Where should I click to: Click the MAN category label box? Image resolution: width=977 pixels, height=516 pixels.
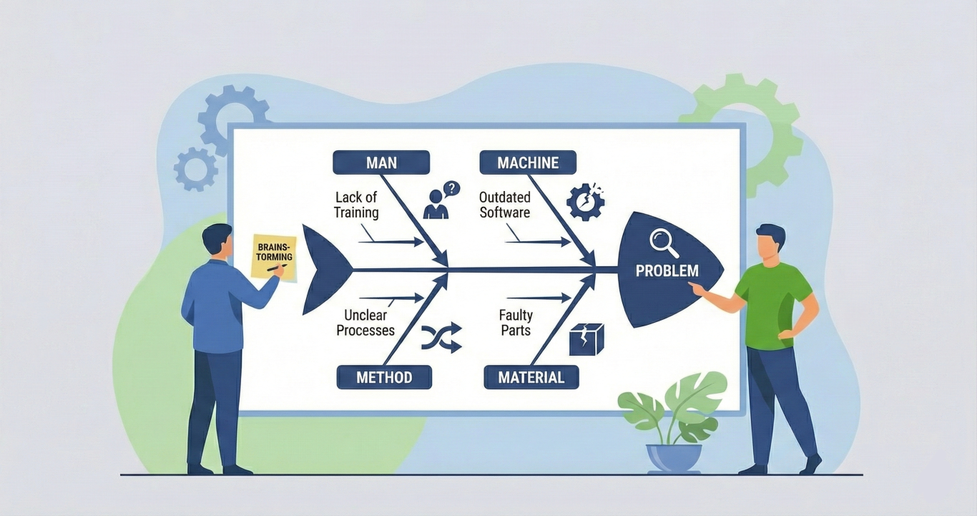(x=381, y=162)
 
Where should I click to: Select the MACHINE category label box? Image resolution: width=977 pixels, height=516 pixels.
(x=528, y=162)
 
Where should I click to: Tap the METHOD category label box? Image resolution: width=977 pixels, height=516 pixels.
(x=384, y=376)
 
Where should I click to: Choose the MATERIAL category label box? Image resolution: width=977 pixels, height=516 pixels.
(x=531, y=376)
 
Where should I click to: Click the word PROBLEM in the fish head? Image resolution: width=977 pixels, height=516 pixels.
(x=667, y=272)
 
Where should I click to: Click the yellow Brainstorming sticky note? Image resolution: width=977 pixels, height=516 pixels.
(x=273, y=255)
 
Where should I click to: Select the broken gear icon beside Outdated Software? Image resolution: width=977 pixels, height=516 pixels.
(x=585, y=202)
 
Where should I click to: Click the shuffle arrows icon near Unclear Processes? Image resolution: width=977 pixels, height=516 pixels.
(x=441, y=336)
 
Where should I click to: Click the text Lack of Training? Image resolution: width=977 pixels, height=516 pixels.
(x=356, y=205)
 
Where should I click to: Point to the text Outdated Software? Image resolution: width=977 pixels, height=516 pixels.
(x=504, y=205)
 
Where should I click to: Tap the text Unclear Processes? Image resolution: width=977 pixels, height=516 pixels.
(x=365, y=323)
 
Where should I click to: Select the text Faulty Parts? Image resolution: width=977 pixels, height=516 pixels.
(x=516, y=323)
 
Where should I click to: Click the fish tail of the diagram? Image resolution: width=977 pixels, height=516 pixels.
(x=322, y=270)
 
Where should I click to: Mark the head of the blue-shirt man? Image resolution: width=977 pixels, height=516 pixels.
(x=217, y=240)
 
